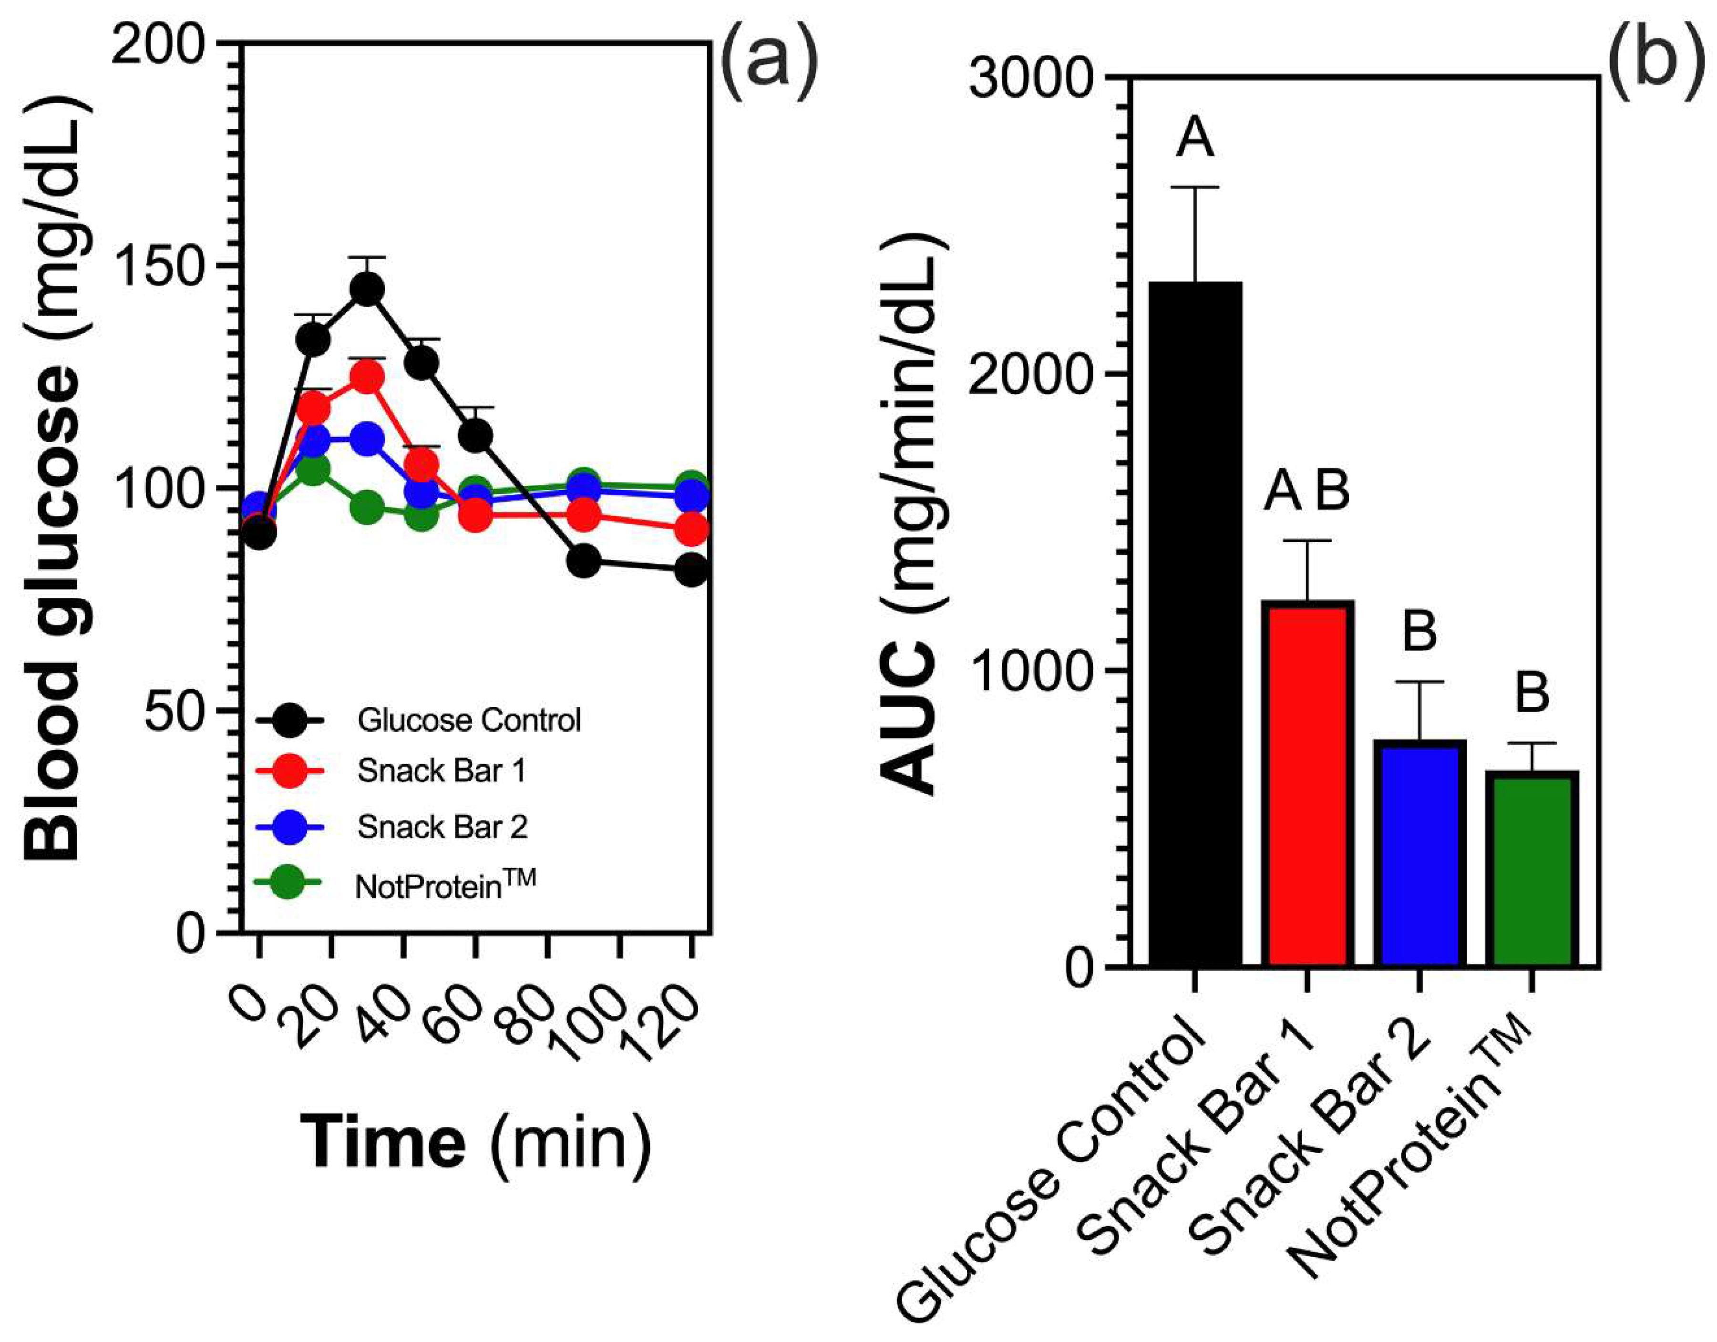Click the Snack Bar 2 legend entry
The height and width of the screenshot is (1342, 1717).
point(442,827)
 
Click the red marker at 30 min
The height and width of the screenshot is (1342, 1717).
point(367,378)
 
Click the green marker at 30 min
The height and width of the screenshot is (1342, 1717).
point(367,507)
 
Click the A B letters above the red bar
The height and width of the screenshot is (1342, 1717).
point(1306,492)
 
